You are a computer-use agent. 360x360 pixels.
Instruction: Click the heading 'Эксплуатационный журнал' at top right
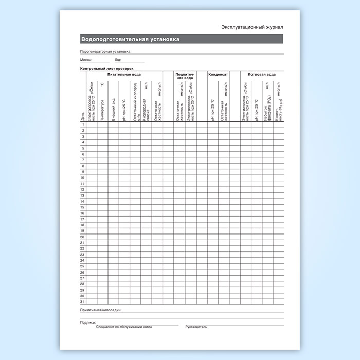click(252, 26)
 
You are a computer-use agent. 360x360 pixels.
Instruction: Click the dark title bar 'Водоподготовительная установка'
click(131, 40)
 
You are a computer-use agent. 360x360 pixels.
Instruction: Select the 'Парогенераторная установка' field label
click(105, 51)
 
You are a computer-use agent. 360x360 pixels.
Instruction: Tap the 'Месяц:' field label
click(86, 60)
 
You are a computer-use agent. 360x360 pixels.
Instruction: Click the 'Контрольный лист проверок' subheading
click(106, 69)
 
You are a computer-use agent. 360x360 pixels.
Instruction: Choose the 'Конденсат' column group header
click(218, 74)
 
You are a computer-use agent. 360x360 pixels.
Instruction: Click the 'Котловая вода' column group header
click(262, 74)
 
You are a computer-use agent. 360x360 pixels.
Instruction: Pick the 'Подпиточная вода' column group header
click(185, 76)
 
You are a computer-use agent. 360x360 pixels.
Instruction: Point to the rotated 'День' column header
click(83, 118)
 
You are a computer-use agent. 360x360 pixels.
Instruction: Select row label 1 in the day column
click(83, 125)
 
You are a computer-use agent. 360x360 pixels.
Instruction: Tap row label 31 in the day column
click(82, 301)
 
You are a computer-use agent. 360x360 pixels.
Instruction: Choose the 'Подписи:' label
click(88, 322)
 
